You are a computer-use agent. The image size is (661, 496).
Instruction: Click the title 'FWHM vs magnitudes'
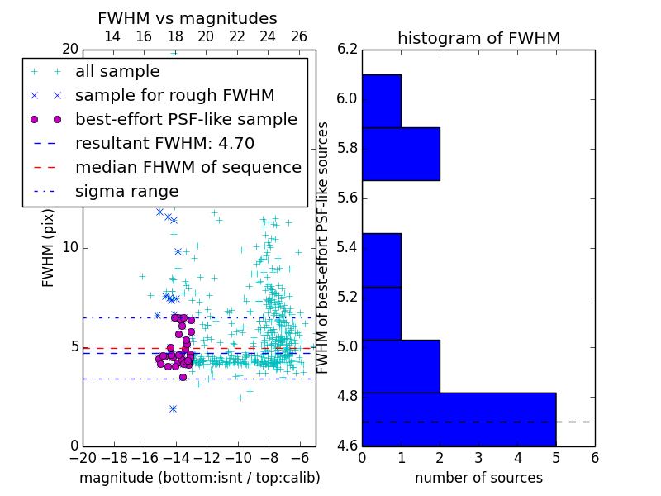coord(188,19)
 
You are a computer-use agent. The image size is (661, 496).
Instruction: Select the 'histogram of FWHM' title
coord(478,38)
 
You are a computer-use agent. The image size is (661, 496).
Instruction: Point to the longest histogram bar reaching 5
coord(459,419)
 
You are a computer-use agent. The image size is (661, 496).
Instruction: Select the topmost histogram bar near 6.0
coord(381,101)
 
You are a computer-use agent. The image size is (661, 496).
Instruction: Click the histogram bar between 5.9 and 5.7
coord(401,154)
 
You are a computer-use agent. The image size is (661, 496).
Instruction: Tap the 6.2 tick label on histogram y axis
coord(347,49)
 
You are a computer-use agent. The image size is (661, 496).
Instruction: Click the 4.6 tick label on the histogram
coord(347,446)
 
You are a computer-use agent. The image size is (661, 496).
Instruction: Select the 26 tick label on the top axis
coord(299,37)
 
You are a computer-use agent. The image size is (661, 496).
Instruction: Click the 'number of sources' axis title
coord(478,478)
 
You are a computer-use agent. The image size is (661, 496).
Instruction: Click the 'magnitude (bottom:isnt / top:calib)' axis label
coord(199,478)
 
